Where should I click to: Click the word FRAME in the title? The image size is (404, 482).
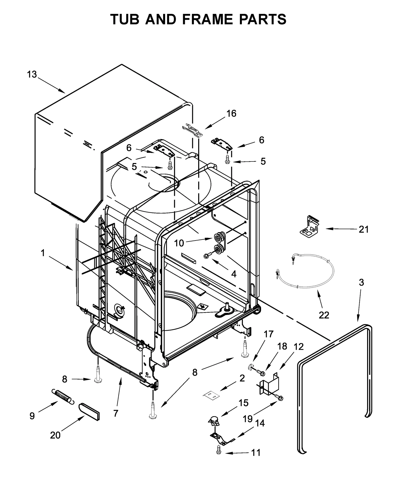[x=207, y=19]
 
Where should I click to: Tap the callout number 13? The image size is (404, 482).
[x=32, y=74]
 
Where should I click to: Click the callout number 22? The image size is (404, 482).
[x=324, y=315]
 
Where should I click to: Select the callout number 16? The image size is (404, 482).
[x=231, y=114]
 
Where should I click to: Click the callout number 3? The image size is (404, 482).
[x=361, y=282]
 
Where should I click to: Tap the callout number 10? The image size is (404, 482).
[x=179, y=243]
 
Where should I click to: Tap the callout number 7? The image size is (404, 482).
[x=116, y=413]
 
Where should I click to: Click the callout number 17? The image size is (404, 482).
[x=268, y=334]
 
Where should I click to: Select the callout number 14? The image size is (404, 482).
[x=260, y=423]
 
